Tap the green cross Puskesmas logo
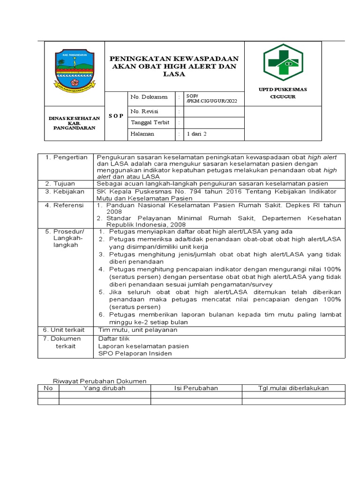coord(283,63)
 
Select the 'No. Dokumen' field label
coord(149,97)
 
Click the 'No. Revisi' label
coord(145,112)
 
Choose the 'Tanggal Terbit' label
coord(150,122)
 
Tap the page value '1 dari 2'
coord(196,134)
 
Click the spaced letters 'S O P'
coord(116,116)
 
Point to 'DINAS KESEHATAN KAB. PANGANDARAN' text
coord(75,123)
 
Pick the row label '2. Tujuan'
coord(61,184)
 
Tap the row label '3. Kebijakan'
coord(65,192)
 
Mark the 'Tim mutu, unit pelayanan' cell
coord(138,330)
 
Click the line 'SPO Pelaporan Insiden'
coord(135,353)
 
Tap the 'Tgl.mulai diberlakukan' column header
coord(293,388)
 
